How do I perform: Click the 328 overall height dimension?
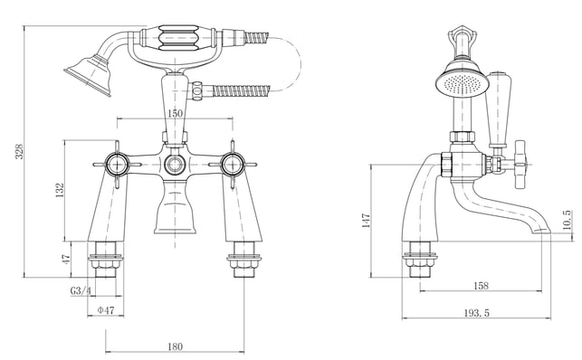click(19, 151)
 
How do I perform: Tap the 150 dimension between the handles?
click(175, 113)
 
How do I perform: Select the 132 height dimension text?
click(60, 190)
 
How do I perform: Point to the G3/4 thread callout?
click(81, 290)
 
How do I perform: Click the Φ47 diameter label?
click(106, 310)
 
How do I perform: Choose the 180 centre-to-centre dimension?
click(175, 346)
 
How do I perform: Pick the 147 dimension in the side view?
click(366, 221)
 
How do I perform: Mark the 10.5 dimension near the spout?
click(567, 220)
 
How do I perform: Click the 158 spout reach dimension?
click(481, 286)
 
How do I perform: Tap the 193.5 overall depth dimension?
click(477, 313)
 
